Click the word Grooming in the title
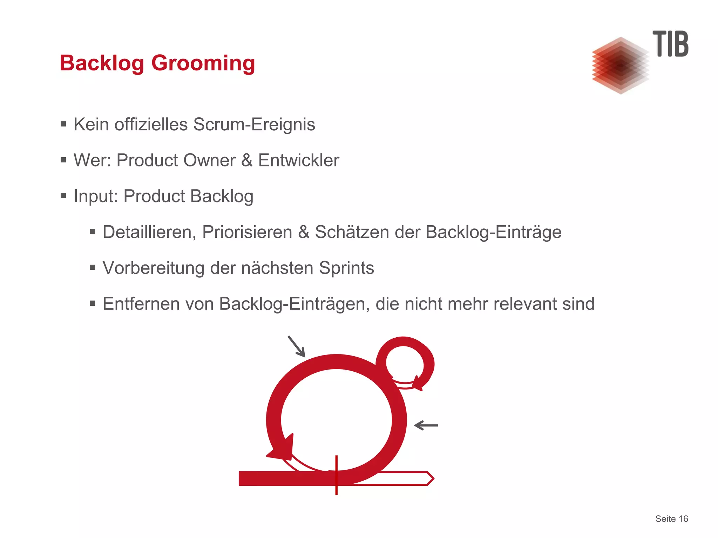[203, 63]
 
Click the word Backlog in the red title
[102, 63]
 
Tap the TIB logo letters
[670, 44]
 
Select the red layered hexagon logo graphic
[620, 66]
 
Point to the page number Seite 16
[671, 519]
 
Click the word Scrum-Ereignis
[254, 125]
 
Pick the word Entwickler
[298, 160]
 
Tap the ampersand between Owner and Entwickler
[246, 160]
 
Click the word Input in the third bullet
[94, 196]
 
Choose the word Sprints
[346, 268]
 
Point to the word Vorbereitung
[153, 268]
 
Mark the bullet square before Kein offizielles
[63, 124]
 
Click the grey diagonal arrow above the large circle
[297, 346]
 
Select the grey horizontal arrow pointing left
[426, 425]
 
